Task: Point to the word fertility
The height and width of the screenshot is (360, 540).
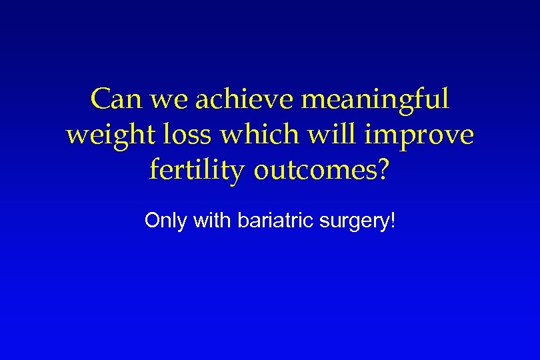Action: tap(197, 171)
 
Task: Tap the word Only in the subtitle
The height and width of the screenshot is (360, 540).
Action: tap(166, 221)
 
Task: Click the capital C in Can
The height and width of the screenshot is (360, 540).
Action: tap(99, 100)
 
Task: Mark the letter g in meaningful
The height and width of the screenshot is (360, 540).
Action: tap(401, 104)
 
